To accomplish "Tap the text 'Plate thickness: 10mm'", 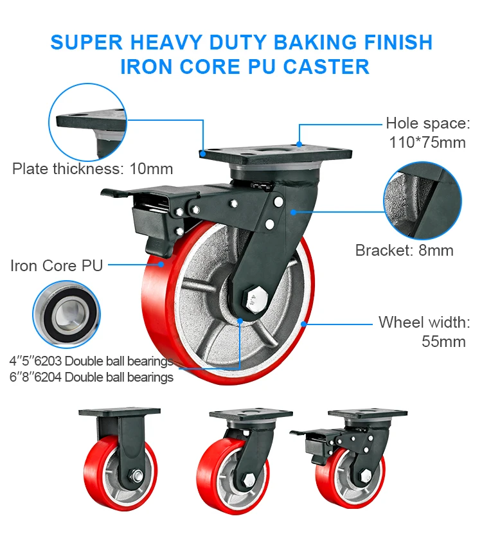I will point(93,169).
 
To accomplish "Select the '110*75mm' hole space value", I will point(427,142).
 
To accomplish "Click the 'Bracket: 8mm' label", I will point(404,251).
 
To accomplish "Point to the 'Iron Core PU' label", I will point(57,265).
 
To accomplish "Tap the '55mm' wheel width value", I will point(443,341).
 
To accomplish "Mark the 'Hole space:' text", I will point(427,123).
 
